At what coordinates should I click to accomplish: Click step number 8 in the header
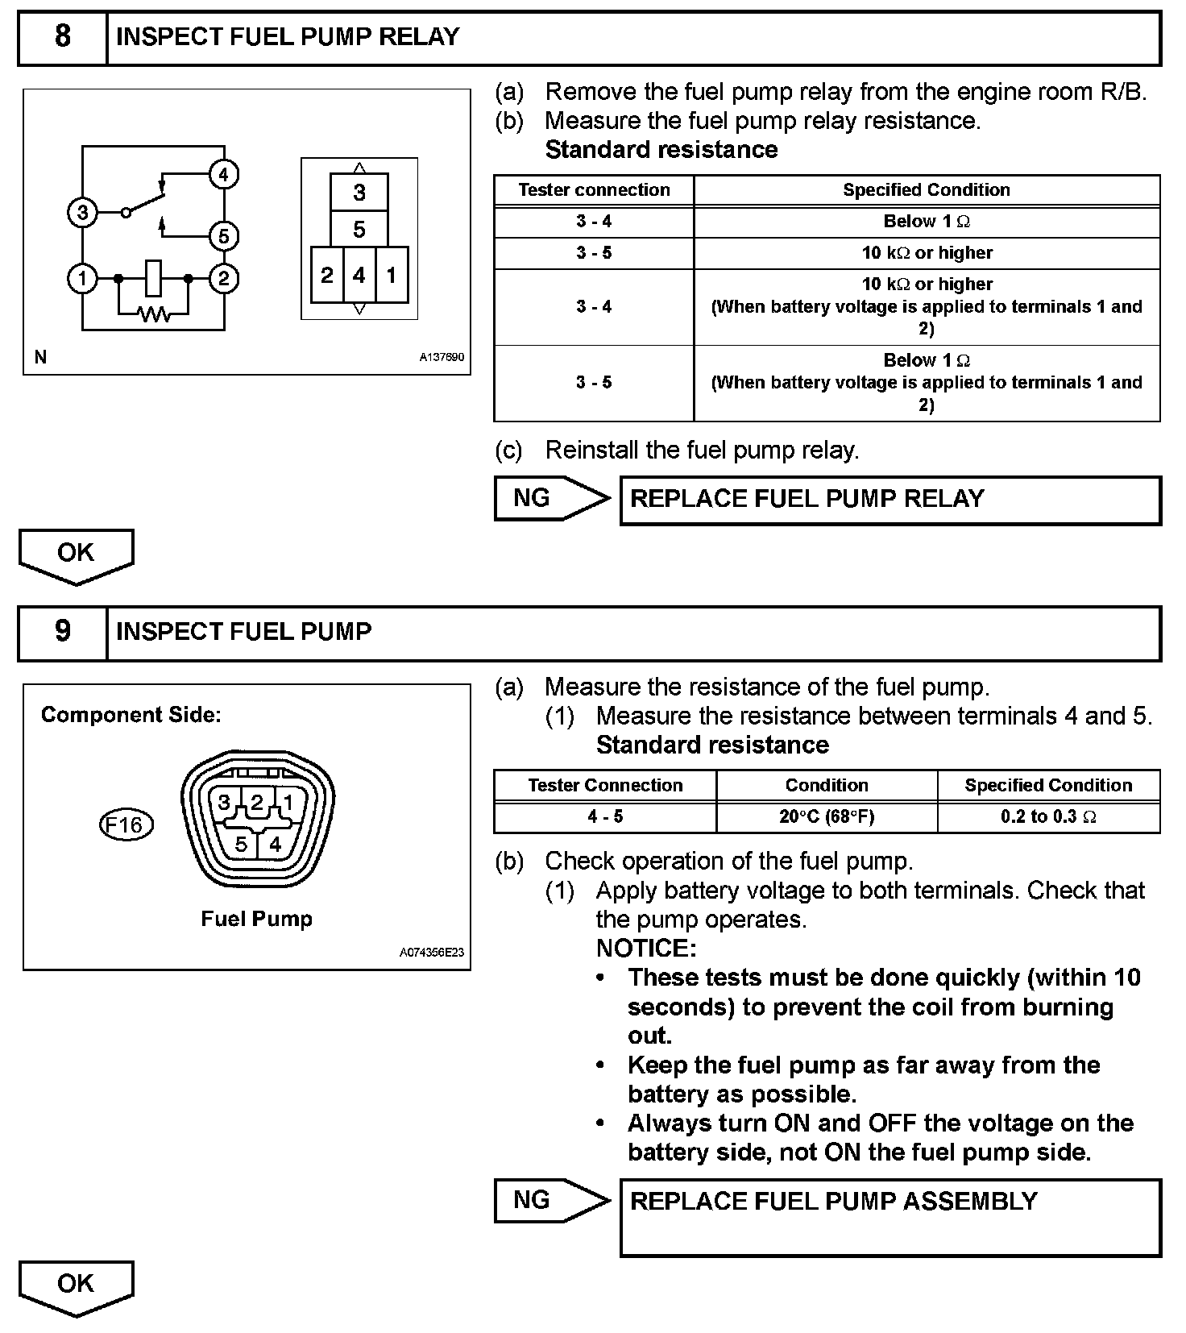(62, 37)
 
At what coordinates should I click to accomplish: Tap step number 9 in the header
(62, 632)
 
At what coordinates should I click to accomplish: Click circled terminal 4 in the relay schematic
(223, 175)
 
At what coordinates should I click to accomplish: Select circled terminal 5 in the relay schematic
(223, 236)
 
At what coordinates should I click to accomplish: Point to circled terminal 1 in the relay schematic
(82, 279)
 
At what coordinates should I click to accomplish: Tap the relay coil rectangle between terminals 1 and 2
(154, 278)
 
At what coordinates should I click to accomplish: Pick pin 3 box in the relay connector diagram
(359, 193)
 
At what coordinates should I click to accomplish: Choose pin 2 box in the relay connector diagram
(326, 276)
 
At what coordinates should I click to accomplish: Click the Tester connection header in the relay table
(594, 190)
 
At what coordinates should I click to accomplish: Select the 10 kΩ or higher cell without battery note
(927, 253)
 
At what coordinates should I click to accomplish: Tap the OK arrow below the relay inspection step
(76, 554)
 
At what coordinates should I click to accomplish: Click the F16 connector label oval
(125, 825)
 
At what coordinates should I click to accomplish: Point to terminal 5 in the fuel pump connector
(241, 845)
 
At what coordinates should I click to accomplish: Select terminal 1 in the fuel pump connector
(288, 803)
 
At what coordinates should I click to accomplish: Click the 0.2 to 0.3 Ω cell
(1048, 816)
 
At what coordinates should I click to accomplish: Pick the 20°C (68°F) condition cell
(827, 816)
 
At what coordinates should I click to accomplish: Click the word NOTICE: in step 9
(646, 949)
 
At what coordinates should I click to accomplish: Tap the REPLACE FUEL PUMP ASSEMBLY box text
(833, 1202)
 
